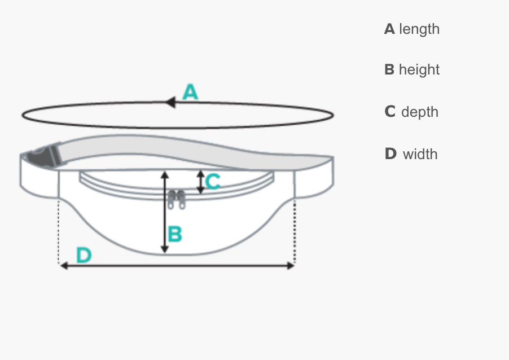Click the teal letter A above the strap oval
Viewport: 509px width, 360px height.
191,91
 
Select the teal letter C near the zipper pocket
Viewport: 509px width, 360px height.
213,182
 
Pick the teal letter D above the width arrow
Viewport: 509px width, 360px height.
84,256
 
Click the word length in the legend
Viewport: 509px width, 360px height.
419,29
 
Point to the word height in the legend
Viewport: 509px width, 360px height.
419,70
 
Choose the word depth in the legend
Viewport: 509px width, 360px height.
420,112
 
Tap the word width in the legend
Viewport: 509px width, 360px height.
420,153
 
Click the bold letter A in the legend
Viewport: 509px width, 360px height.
389,29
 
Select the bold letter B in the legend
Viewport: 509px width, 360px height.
389,70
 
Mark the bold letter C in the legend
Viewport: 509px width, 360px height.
390,112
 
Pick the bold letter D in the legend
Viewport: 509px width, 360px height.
390,153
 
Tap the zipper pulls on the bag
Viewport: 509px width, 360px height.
176,199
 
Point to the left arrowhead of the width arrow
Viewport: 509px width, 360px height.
64,265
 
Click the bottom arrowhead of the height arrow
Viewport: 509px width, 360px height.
165,248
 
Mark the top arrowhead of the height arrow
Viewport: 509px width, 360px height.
165,175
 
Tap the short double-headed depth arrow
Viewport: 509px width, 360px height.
200,182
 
